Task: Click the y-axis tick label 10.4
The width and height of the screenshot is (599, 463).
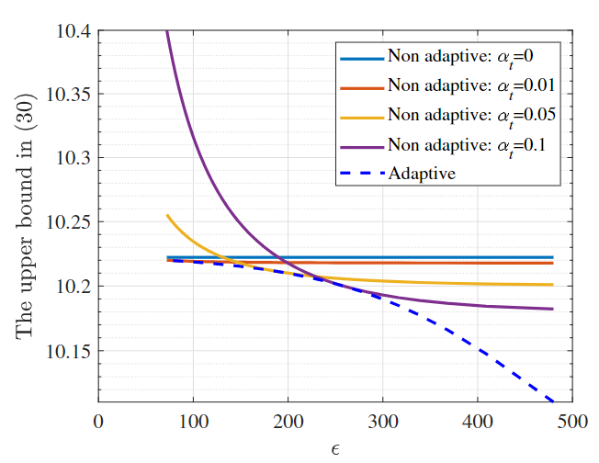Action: (x=73, y=32)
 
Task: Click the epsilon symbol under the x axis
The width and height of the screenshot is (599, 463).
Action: (x=335, y=448)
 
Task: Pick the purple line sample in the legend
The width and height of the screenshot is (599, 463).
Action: (x=361, y=144)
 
